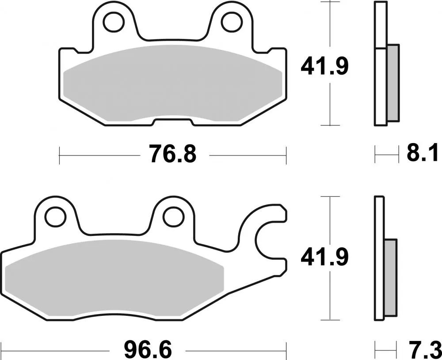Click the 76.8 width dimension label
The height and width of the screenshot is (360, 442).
click(172, 155)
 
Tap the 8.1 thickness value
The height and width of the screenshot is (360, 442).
click(422, 155)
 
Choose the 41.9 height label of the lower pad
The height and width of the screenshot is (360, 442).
click(325, 258)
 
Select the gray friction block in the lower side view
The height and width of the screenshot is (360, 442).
click(391, 277)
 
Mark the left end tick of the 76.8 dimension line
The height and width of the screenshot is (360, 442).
click(59, 155)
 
